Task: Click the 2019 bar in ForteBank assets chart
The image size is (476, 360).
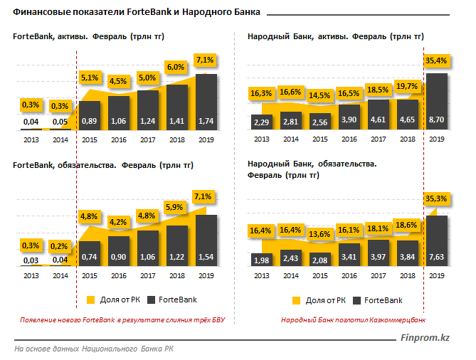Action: pos(206,100)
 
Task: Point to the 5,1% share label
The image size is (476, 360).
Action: pos(89,77)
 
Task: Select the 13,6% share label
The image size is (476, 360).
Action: pos(321,234)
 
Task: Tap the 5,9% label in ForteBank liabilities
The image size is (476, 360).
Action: pos(177,207)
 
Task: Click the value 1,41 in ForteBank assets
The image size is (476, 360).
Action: pos(177,122)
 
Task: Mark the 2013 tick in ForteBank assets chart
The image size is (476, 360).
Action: pos(31,140)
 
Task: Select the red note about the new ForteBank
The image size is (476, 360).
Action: pos(123,320)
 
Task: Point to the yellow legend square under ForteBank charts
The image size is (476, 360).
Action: pos(90,300)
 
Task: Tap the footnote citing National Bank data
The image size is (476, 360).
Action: pos(93,349)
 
